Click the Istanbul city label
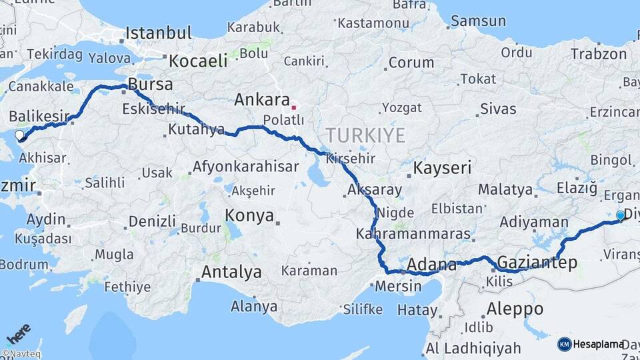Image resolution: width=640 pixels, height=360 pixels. [x=158, y=33]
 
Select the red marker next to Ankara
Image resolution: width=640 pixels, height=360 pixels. [x=294, y=107]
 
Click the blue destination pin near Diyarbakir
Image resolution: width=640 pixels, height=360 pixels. [x=621, y=215]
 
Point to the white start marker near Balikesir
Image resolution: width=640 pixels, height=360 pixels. [x=19, y=135]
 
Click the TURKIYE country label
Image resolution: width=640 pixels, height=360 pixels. [x=366, y=135]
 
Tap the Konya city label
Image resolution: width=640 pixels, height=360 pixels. [x=249, y=215]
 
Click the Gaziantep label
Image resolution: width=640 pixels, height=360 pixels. [x=537, y=263]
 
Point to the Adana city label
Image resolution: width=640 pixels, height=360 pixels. [x=431, y=264]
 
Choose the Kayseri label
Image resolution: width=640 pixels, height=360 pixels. [x=443, y=167]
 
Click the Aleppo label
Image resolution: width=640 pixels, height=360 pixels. [x=515, y=309]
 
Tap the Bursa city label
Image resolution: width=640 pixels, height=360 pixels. [x=150, y=85]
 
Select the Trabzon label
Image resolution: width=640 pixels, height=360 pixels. [x=599, y=54]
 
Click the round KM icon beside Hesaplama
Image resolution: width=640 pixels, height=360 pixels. [x=564, y=344]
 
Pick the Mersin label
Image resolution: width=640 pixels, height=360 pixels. [x=398, y=286]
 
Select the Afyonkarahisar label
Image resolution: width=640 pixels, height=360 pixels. [x=245, y=167]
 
